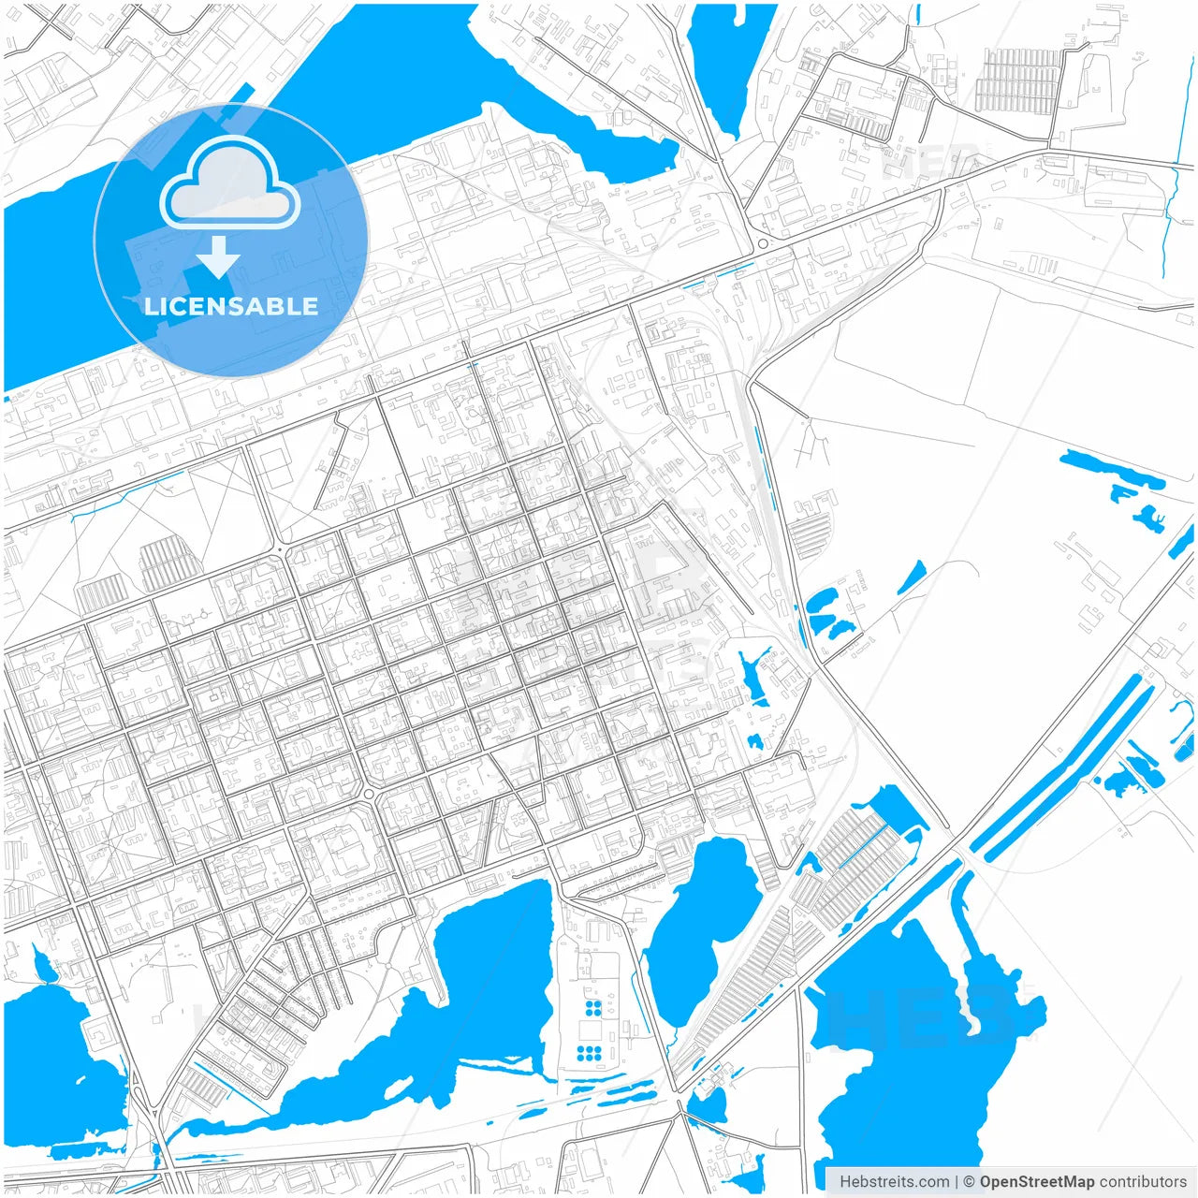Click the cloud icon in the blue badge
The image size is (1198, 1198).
[230, 185]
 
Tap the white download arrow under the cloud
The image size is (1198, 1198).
[218, 257]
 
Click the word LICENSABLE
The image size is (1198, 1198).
[231, 306]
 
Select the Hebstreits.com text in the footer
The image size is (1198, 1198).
[894, 1182]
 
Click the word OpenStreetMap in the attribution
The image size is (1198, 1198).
[1036, 1182]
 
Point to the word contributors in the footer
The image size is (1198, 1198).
[1143, 1182]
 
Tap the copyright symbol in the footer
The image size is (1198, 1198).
[969, 1182]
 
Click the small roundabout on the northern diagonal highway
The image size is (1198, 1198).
[763, 244]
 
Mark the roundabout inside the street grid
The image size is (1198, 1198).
[369, 795]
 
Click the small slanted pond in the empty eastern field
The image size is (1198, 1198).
[911, 577]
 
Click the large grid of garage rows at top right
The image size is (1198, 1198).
[1018, 79]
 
